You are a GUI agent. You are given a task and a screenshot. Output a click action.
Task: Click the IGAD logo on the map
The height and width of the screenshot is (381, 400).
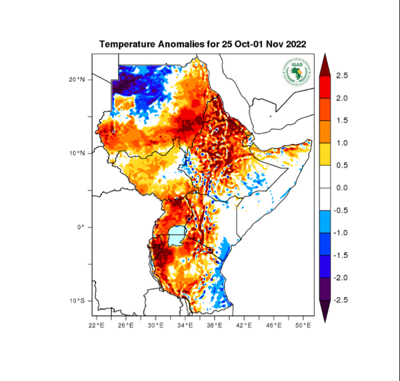pyautogui.click(x=295, y=71)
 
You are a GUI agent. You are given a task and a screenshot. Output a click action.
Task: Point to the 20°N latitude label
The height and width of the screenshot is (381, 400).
pyautogui.click(x=77, y=79)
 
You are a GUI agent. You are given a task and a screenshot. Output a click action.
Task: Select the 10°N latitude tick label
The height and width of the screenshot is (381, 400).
pyautogui.click(x=77, y=153)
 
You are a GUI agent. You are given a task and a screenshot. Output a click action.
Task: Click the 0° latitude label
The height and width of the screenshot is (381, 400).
pyautogui.click(x=81, y=227)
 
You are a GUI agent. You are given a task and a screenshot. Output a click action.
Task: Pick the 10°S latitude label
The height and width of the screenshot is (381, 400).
pyautogui.click(x=77, y=301)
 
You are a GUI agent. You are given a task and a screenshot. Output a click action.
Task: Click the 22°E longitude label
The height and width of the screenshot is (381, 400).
pyautogui.click(x=97, y=325)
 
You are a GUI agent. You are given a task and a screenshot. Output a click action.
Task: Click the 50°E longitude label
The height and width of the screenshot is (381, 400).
pyautogui.click(x=303, y=325)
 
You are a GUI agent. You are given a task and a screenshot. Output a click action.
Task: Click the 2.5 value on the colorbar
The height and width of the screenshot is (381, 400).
pyautogui.click(x=341, y=75)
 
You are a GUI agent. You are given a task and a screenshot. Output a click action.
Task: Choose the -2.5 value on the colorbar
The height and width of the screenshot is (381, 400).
pyautogui.click(x=340, y=300)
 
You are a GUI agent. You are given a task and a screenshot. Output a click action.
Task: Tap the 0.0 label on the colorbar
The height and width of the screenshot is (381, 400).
pyautogui.click(x=341, y=188)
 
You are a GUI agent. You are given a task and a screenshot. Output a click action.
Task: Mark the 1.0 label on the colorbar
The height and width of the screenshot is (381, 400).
pyautogui.click(x=341, y=143)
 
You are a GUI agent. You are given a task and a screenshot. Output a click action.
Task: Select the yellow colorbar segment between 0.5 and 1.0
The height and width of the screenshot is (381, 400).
pyautogui.click(x=325, y=154)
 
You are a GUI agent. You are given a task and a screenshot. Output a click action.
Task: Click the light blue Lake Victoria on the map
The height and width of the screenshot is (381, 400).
pyautogui.click(x=176, y=234)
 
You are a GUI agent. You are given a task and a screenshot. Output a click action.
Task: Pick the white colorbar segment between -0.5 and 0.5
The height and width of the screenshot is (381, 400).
pyautogui.click(x=325, y=188)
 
